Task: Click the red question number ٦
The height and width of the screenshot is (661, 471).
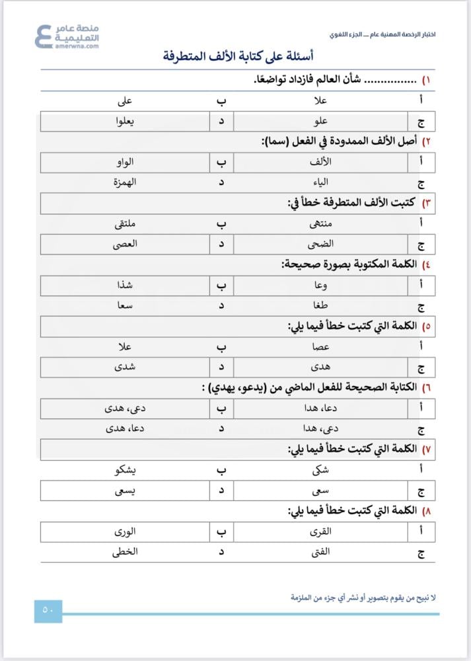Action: tap(427, 387)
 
